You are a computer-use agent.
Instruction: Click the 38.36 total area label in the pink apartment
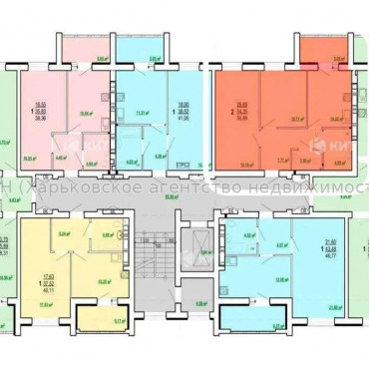[42, 119]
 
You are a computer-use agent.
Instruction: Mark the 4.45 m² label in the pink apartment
[60, 157]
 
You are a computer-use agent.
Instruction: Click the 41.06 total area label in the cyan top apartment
[183, 119]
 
